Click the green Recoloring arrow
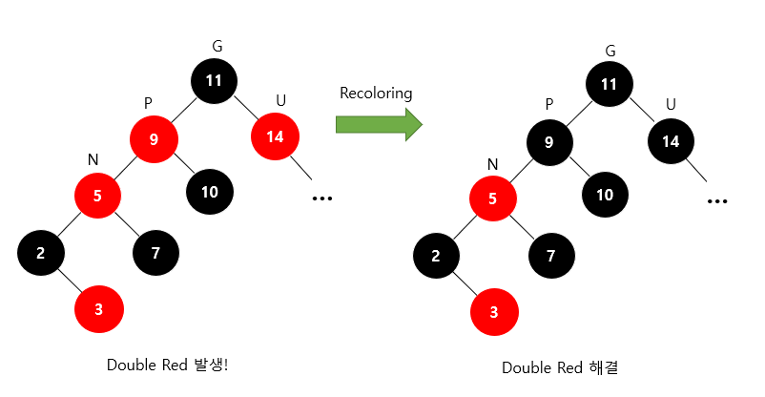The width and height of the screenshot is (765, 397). tap(378, 123)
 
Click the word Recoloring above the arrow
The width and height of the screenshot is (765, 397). tap(376, 94)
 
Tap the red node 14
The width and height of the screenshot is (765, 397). tap(275, 136)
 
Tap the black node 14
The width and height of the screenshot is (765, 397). tap(672, 142)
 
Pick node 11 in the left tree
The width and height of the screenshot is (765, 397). tap(215, 80)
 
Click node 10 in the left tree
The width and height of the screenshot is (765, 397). tap(210, 191)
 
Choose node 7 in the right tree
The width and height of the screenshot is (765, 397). tap(551, 256)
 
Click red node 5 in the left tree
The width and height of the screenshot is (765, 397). tap(99, 196)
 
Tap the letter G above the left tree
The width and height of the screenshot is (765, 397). tap(217, 46)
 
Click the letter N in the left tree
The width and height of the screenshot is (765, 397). tap(93, 159)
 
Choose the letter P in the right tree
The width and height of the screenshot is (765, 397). tap(548, 103)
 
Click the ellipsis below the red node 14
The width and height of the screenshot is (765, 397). tap(321, 198)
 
